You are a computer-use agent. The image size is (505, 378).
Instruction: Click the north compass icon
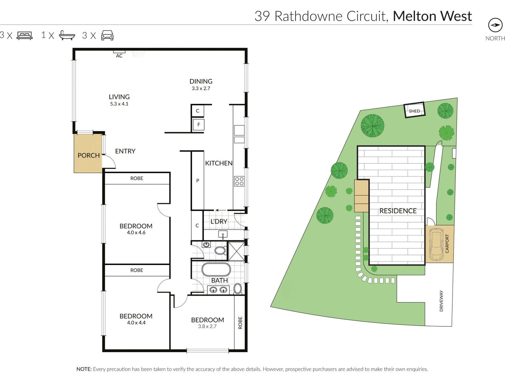pyautogui.click(x=495, y=25)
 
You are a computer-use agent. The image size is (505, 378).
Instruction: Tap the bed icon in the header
pyautogui.click(x=25, y=35)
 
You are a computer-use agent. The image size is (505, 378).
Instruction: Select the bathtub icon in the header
pyautogui.click(x=67, y=35)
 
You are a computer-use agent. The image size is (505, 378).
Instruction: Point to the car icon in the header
pyautogui.click(x=107, y=35)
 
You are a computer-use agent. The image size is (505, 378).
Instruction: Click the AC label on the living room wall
pyautogui.click(x=119, y=56)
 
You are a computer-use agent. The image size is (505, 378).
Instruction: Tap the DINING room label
pyautogui.click(x=201, y=81)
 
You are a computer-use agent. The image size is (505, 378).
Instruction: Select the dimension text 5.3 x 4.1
pyautogui.click(x=119, y=104)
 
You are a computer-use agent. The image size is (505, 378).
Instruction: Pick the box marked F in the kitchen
pyautogui.click(x=199, y=124)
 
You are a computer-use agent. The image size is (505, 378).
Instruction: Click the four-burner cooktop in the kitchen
pyautogui.click(x=239, y=181)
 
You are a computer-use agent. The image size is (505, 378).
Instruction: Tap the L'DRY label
pyautogui.click(x=219, y=221)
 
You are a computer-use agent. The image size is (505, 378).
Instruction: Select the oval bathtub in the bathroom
pyautogui.click(x=216, y=270)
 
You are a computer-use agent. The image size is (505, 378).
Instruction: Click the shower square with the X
pyautogui.click(x=236, y=251)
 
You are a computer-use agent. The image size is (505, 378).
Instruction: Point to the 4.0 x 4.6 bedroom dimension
pyautogui.click(x=136, y=233)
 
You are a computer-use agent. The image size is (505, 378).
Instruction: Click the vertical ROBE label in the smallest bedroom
pyautogui.click(x=240, y=323)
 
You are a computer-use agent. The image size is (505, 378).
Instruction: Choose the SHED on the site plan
pyautogui.click(x=414, y=111)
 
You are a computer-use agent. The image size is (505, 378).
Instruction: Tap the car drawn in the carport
pyautogui.click(x=436, y=243)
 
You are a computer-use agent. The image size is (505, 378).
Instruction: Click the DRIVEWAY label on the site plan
pyautogui.click(x=441, y=301)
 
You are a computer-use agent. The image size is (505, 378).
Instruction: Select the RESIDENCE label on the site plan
pyautogui.click(x=398, y=211)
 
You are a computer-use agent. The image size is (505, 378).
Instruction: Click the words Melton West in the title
pyautogui.click(x=432, y=16)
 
